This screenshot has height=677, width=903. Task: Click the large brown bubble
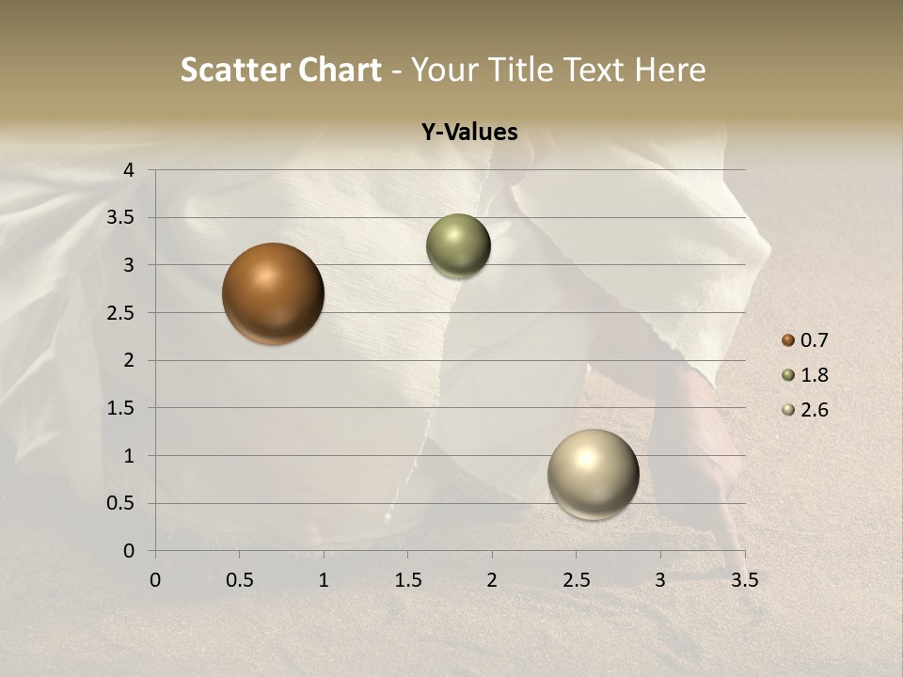pyautogui.click(x=273, y=293)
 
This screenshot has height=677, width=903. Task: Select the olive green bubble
pyautogui.click(x=458, y=246)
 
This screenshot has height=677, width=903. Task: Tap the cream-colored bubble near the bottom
pyautogui.click(x=593, y=474)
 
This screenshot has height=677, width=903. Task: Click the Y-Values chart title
pyautogui.click(x=469, y=133)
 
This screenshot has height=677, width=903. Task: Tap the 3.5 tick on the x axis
pyautogui.click(x=744, y=580)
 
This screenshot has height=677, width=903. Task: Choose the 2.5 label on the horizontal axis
pyautogui.click(x=576, y=580)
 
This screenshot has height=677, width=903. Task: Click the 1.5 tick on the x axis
pyautogui.click(x=407, y=580)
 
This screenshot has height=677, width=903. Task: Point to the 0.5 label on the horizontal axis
pyautogui.click(x=239, y=580)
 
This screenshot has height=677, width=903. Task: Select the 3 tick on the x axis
pyautogui.click(x=660, y=580)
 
